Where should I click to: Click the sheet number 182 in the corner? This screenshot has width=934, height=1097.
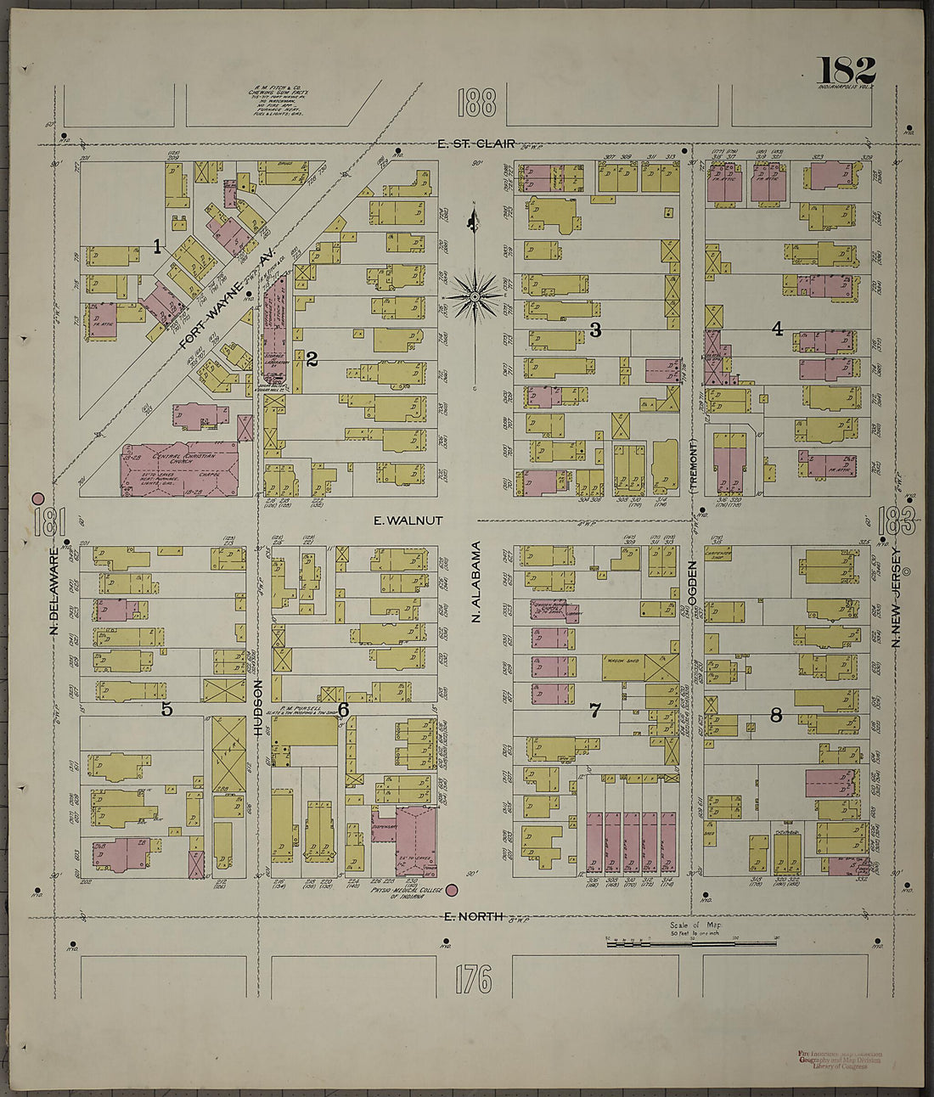pyautogui.click(x=846, y=70)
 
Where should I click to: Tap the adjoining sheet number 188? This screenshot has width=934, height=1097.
pyautogui.click(x=475, y=103)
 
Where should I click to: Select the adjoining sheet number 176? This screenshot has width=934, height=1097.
pyautogui.click(x=473, y=980)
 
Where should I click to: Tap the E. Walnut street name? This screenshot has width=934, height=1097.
pyautogui.click(x=408, y=520)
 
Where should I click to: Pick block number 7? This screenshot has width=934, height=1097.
pyautogui.click(x=594, y=711)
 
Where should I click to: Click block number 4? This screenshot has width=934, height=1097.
pyautogui.click(x=776, y=329)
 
